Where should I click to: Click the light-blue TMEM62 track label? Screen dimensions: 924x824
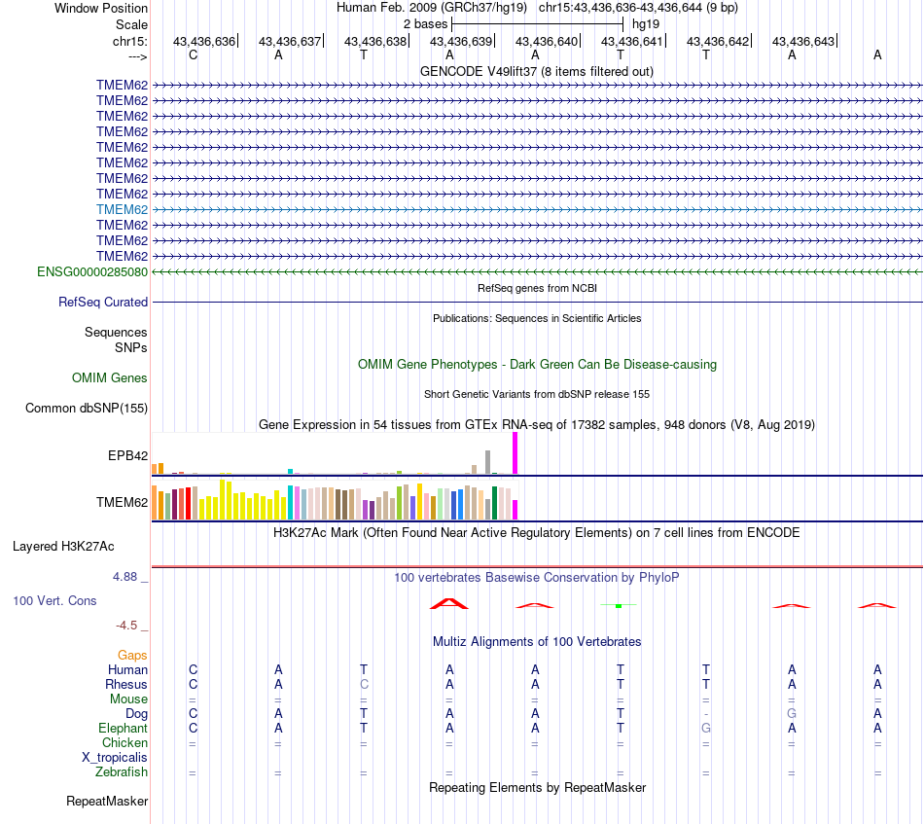point(122,210)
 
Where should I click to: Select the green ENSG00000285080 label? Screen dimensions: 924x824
point(92,271)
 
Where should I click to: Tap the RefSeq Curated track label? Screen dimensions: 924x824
point(103,302)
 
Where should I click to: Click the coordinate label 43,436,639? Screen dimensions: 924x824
point(461,41)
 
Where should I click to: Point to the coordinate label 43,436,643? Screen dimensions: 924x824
point(803,41)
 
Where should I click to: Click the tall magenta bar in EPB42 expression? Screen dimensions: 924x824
point(515,452)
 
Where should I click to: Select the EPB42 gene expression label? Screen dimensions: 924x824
point(127,455)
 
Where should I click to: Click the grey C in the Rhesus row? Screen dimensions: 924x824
point(364,684)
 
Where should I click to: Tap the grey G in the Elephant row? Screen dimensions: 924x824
point(706,728)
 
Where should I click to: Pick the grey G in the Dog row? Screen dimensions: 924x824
point(792,713)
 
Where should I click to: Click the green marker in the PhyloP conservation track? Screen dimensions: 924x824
point(619,605)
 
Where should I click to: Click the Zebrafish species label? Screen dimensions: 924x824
point(122,772)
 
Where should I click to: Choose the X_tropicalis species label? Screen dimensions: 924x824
point(115,758)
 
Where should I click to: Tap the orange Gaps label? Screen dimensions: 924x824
point(132,656)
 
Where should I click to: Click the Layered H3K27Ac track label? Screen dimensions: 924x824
point(63,547)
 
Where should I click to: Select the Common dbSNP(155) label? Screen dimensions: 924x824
point(87,408)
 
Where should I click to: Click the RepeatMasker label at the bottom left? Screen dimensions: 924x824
point(107,801)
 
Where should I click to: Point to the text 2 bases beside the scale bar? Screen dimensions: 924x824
point(425,24)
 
